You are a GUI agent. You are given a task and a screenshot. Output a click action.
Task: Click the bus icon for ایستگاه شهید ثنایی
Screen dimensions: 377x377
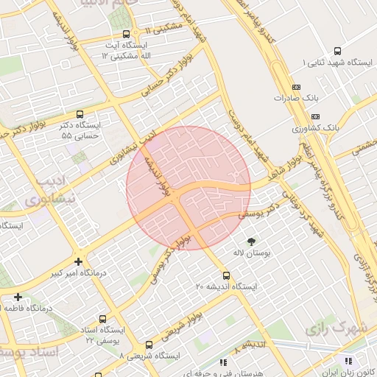(337, 51)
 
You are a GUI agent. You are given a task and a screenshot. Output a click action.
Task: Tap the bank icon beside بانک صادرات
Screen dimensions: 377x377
(296, 85)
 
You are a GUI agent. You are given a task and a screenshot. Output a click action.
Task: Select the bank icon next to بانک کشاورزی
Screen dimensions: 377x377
(316, 116)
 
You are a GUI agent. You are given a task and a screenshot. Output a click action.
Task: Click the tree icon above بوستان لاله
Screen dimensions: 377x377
(251, 242)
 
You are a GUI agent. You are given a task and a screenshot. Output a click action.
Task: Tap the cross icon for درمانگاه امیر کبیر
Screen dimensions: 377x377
(79, 261)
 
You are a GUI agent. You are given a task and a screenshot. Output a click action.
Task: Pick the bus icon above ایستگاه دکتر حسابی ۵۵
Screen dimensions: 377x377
(91, 114)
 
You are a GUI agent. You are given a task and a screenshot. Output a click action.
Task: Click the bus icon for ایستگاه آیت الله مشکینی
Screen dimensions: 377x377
(127, 34)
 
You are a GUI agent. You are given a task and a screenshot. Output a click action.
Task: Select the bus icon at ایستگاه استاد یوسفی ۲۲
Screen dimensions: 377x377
(102, 319)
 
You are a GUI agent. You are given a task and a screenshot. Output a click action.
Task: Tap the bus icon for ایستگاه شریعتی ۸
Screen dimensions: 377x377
(149, 344)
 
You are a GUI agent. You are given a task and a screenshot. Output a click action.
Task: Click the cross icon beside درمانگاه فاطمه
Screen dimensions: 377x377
(18, 297)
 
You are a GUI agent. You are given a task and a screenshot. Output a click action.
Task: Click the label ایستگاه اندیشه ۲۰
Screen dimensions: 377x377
(226, 285)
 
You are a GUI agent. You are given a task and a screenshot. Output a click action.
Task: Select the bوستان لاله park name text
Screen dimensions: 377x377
(252, 253)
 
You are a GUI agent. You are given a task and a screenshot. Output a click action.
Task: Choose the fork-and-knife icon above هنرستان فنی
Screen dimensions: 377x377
(223, 362)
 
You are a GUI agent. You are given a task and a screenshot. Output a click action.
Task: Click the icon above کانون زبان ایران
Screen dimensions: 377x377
(348, 361)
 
